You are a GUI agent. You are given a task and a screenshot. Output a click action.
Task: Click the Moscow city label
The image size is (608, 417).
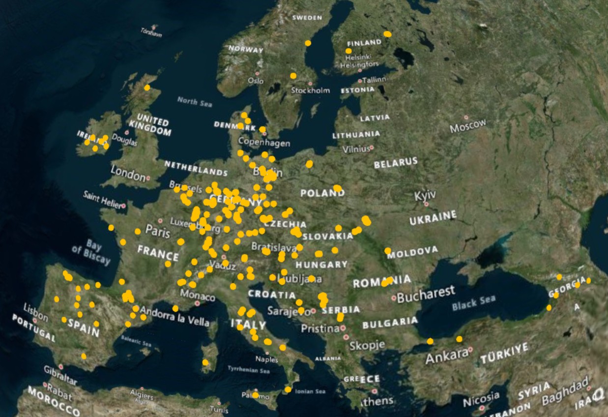point(467,126)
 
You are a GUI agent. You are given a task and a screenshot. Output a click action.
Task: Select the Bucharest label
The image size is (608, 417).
point(426,294)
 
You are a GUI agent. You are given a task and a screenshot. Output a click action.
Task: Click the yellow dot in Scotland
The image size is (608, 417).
point(147,88)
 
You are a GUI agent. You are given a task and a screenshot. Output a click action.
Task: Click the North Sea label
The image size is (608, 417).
point(195,102)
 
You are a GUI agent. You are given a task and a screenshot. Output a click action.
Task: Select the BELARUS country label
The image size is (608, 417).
point(396,163)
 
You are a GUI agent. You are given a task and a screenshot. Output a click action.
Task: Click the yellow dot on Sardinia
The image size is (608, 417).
point(205,362)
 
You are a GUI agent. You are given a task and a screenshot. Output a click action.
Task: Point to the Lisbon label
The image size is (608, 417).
point(36,312)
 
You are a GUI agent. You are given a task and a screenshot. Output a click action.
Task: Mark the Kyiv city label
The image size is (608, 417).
point(425,196)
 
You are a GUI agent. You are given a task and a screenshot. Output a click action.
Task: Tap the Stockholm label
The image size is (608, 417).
point(310,90)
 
